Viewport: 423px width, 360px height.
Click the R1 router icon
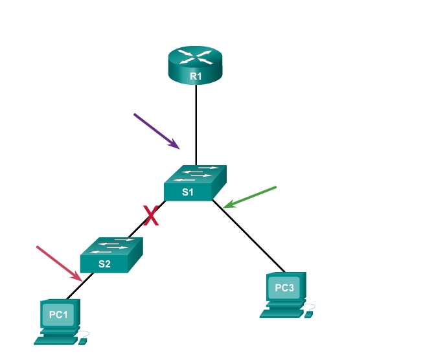pos(195,65)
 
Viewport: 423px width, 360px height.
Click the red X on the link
pos(152,215)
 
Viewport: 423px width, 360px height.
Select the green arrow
pos(250,197)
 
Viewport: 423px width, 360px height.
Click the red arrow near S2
pos(59,263)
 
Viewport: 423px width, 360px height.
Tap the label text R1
pos(196,76)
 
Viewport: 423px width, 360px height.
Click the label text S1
pos(188,192)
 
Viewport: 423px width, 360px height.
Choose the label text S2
pos(104,264)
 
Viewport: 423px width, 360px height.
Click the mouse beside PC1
pos(84,340)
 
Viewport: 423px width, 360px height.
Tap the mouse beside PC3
pos(309,313)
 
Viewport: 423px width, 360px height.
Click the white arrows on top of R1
pos(195,56)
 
